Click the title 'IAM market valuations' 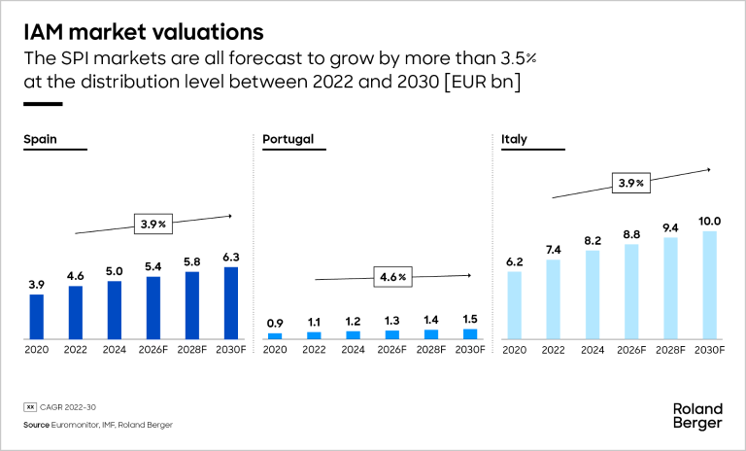coord(143,31)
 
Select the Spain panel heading coord(40,139)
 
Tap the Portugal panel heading coord(288,139)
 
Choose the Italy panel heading coord(514,139)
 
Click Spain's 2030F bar coord(230,302)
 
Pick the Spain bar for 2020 coord(36,316)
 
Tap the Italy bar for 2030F coord(710,285)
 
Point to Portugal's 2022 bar coord(314,335)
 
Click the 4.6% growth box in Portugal coord(393,278)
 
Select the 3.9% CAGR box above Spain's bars coord(153,225)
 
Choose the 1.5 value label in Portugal coord(470,319)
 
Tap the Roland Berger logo coord(696,415)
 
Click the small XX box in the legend coord(29,408)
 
